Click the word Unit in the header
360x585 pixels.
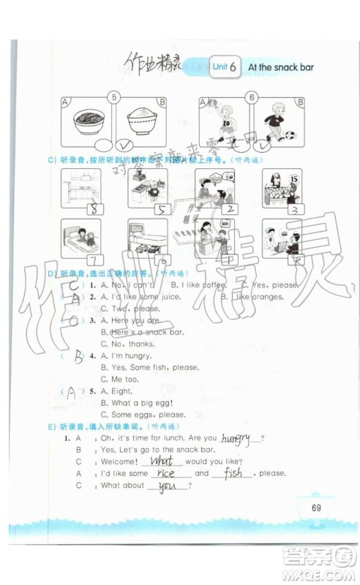tap(220, 67)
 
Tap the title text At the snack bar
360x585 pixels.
tap(280, 67)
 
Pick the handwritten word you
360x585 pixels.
tap(168, 486)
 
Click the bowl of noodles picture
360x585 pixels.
tap(89, 120)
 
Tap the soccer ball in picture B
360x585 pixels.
tap(290, 135)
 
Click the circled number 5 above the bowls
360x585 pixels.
tap(113, 97)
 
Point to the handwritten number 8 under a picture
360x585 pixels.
tap(94, 209)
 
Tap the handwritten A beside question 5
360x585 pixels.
tap(72, 392)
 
